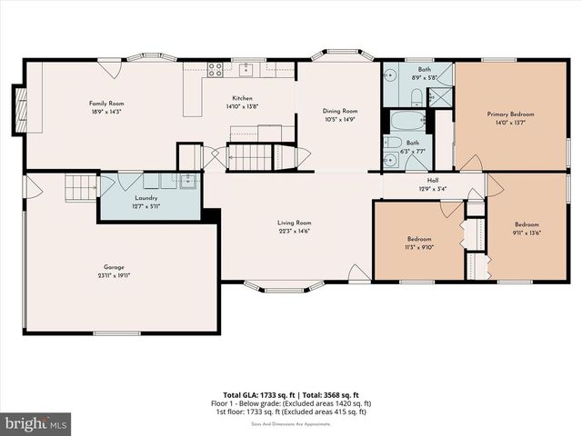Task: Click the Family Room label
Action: click(x=105, y=104)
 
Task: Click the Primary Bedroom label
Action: click(x=510, y=114)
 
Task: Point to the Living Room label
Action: click(x=295, y=223)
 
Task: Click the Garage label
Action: click(x=114, y=268)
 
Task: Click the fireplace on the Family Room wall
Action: click(x=19, y=109)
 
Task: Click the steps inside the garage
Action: click(x=80, y=188)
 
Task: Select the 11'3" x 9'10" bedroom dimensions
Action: click(x=420, y=245)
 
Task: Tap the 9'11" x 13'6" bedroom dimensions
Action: click(x=527, y=233)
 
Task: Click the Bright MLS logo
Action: click(x=36, y=423)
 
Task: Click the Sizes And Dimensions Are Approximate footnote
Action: click(x=291, y=423)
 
